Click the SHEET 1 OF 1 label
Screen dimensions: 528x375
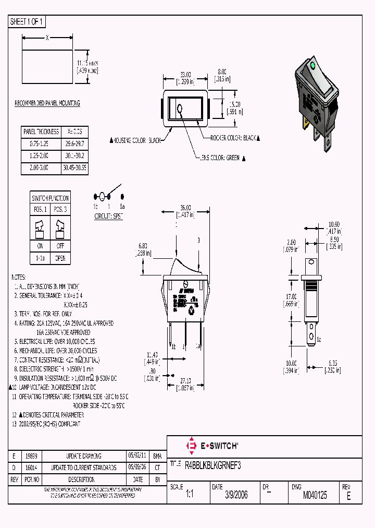[28, 22]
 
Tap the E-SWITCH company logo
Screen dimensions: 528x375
[212, 446]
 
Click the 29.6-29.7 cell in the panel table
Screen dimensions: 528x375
[75, 143]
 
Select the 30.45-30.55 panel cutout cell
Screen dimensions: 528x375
[75, 169]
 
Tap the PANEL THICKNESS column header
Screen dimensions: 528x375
[41, 131]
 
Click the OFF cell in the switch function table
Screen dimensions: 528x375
[60, 245]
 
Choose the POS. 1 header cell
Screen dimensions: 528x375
[40, 209]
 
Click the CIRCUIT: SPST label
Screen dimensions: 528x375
[108, 215]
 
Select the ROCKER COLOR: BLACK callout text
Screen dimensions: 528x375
[234, 138]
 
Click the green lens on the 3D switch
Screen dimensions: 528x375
[312, 66]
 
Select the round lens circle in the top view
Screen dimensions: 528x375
[180, 110]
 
